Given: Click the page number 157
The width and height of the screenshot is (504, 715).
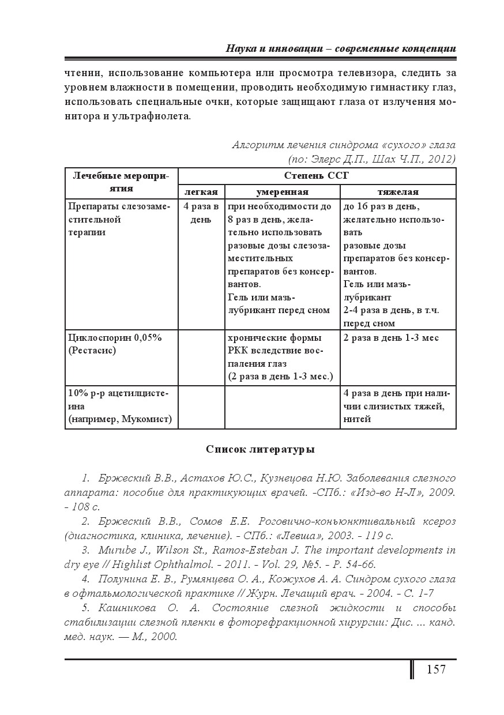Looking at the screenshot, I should coord(436,669).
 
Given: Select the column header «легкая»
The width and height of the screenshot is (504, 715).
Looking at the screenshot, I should coord(201,192).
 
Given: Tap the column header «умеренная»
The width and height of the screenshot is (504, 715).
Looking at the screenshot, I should coord(282,192).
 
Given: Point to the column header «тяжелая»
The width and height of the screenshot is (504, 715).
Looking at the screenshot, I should coord(398,192).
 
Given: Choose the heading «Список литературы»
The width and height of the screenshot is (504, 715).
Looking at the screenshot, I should coord(260,449).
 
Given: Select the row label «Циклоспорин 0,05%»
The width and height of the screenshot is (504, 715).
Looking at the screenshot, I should coord(115,338).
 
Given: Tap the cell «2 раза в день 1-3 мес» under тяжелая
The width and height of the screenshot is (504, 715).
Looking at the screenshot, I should coord(390,338).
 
